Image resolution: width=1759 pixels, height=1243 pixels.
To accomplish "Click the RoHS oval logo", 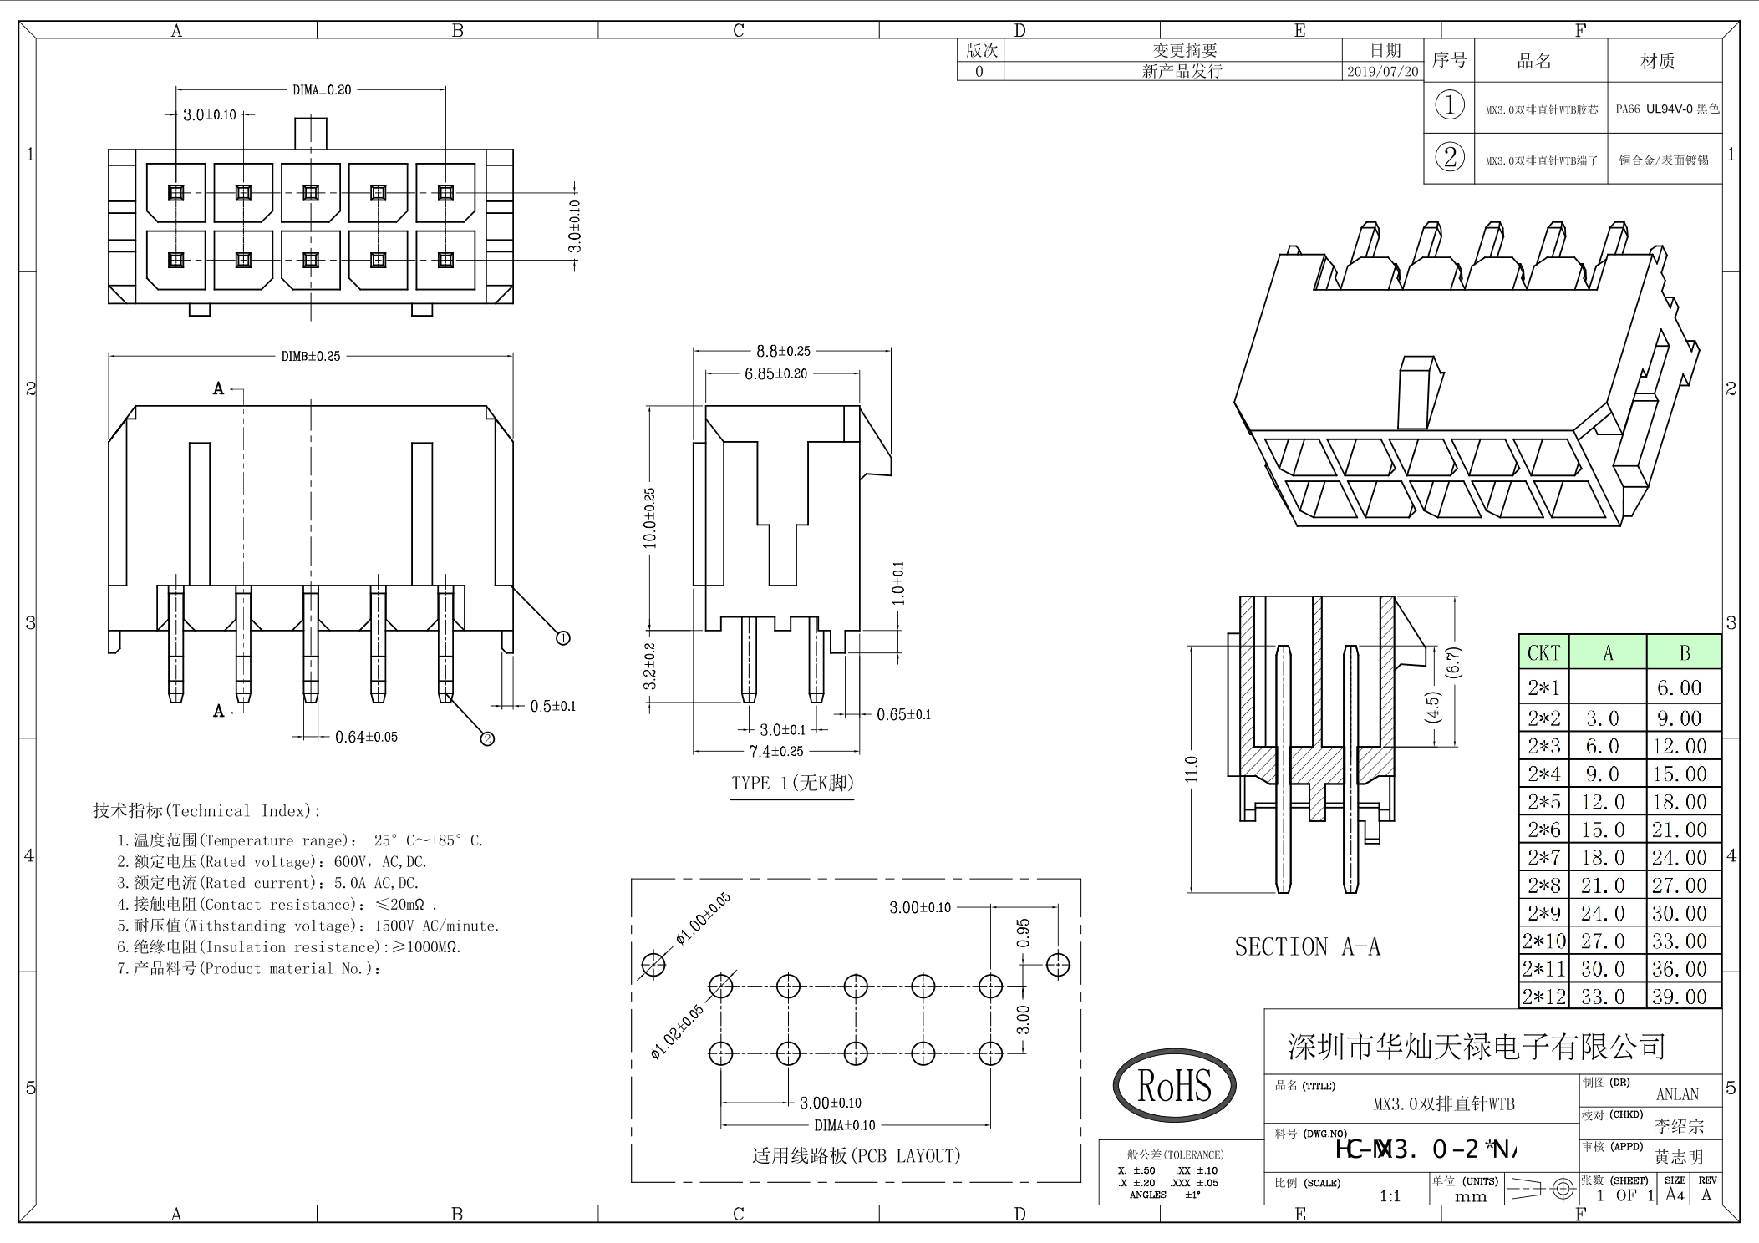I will [1174, 1085].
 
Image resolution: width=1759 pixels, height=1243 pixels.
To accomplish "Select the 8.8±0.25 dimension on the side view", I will [783, 351].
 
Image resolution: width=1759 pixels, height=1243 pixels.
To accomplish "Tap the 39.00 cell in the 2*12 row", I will [1680, 997].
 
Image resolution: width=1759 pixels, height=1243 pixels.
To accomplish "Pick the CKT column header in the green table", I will [1543, 653].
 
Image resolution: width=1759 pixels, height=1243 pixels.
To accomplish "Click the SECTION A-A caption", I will [1307, 947].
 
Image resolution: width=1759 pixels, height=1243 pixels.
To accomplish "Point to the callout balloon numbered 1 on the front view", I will [563, 638].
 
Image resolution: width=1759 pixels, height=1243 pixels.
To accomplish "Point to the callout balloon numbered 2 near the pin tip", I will [487, 738].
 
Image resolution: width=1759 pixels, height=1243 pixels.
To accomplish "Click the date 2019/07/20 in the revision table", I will [1382, 72].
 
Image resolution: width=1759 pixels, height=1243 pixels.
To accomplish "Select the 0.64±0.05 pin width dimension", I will [366, 737].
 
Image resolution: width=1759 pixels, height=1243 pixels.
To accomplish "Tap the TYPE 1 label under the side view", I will [792, 784].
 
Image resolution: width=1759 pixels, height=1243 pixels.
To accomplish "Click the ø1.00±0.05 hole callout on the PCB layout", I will [703, 918].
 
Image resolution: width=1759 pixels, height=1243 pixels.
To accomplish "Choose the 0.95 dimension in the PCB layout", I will [1023, 933].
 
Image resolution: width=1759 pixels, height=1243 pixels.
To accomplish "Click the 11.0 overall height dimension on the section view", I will [1192, 769].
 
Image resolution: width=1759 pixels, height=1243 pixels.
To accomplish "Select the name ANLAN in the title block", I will [1677, 1094].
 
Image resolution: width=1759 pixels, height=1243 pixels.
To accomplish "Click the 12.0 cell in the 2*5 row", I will [1603, 802].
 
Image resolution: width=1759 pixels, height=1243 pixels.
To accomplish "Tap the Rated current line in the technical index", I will [267, 883].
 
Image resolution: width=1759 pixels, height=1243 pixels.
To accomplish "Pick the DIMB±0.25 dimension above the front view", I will [311, 356].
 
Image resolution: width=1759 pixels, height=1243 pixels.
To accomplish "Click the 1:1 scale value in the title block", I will [1390, 1195].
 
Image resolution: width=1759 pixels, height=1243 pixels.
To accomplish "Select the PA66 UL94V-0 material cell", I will [1666, 109].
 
